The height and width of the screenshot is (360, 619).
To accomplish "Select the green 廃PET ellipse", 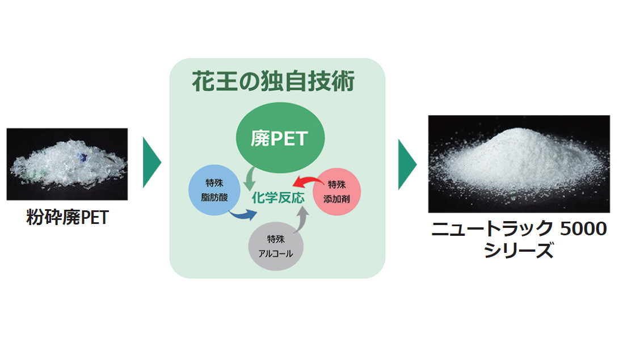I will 279,138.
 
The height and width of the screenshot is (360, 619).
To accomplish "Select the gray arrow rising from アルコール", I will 302,218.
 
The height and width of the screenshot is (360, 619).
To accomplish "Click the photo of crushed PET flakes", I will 67,164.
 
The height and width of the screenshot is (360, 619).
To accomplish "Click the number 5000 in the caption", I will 584,229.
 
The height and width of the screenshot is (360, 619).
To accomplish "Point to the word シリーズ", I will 519,250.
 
